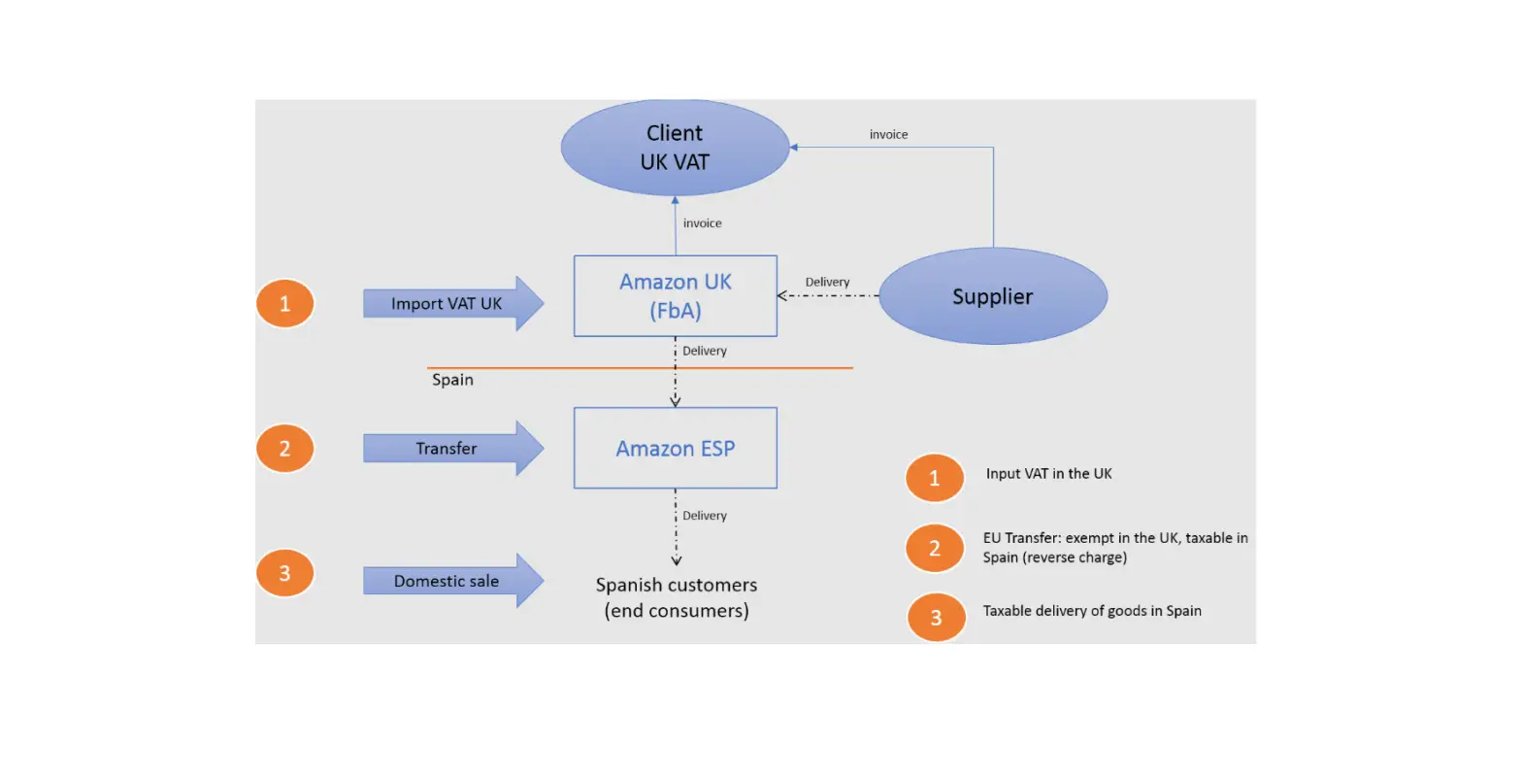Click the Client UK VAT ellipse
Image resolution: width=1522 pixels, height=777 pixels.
[x=675, y=148]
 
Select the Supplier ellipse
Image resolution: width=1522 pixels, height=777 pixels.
[x=992, y=296]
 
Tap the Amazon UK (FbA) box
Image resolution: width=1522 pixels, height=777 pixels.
[x=675, y=296]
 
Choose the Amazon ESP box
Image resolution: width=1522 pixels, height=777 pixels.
[x=675, y=448]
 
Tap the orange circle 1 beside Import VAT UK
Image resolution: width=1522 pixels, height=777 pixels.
[x=284, y=304]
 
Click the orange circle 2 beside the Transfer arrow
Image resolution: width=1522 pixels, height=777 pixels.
[x=284, y=449]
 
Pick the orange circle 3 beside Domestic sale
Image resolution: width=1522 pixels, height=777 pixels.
[x=284, y=573]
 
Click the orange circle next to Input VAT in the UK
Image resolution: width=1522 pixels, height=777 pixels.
[x=934, y=478]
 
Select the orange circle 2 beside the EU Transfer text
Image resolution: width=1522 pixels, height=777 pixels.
[x=934, y=549]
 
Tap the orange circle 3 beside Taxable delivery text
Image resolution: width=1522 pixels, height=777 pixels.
[x=936, y=618]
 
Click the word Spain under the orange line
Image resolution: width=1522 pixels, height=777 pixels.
[x=452, y=380]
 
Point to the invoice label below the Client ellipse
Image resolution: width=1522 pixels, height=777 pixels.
[x=702, y=223]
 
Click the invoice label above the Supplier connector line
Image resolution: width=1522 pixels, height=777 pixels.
[x=888, y=135]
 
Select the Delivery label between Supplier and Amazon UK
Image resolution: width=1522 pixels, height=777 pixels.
[x=827, y=282]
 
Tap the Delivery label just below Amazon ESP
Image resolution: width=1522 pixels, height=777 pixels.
[x=704, y=516]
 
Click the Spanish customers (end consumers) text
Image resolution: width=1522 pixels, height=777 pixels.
[x=677, y=597]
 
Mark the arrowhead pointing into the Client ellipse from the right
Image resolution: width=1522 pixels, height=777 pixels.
[x=794, y=148]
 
